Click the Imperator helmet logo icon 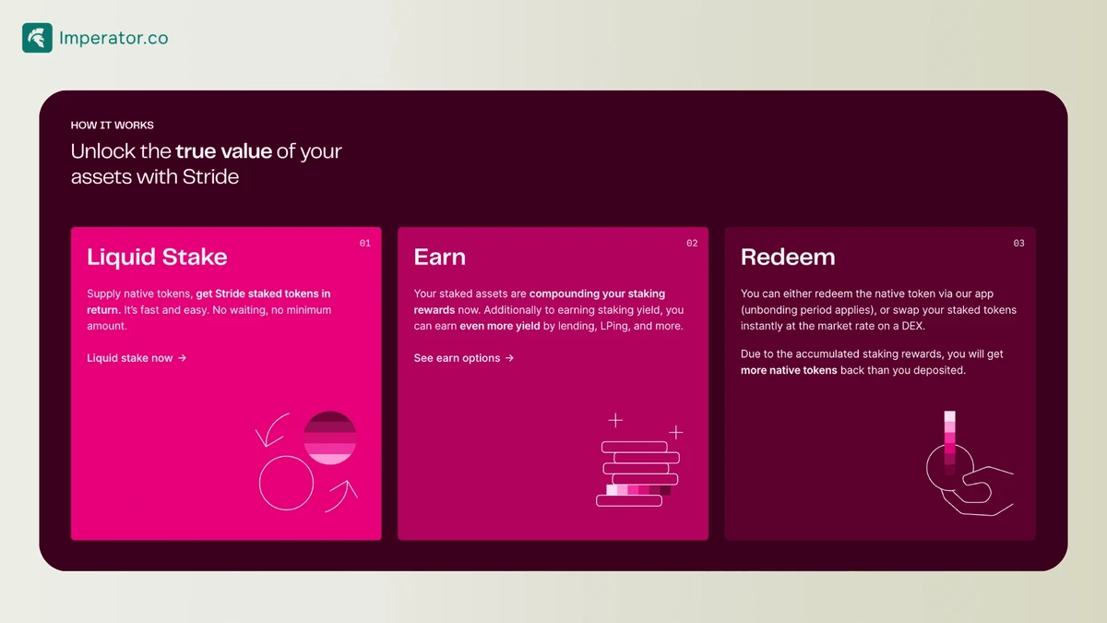pos(37,38)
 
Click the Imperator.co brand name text pos(113,38)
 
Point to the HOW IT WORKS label pos(113,126)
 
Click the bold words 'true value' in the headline pos(224,150)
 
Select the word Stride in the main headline pos(210,176)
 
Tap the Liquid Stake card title pos(157,258)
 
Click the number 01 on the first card pos(364,244)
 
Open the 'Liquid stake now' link pos(137,358)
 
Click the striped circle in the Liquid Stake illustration pos(329,437)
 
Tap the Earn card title pos(440,258)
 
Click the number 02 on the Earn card pos(692,244)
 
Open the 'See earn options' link pos(463,358)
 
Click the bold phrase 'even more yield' pos(500,327)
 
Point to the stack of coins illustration pos(638,473)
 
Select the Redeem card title pos(788,258)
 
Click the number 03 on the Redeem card pos(1018,244)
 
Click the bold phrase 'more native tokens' pos(789,370)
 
